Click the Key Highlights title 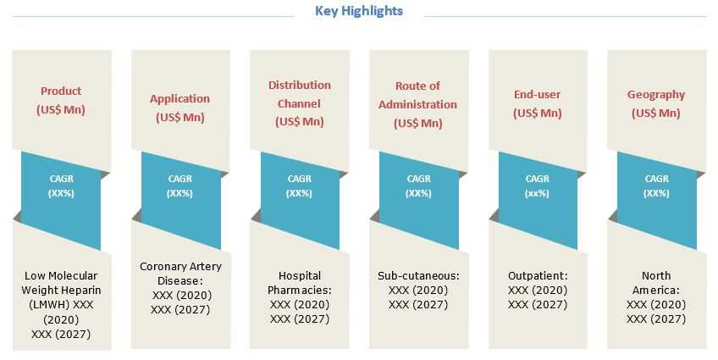coord(359,11)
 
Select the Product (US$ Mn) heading coord(61,100)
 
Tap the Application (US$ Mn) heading coord(180,108)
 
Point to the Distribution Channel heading coord(300,94)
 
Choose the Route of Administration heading coord(417,95)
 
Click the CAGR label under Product coord(61,179)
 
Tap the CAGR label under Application coord(180,179)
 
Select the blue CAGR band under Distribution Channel coord(300,200)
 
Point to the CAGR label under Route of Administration coord(418,179)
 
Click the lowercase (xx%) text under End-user coord(537,193)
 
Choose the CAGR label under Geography coord(657,179)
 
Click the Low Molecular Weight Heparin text coord(61,290)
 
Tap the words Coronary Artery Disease coord(180,274)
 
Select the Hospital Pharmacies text coord(300,283)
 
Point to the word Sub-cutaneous coord(418,276)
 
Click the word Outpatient coord(538,276)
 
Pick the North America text coord(656,283)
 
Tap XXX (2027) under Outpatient coord(538,305)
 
